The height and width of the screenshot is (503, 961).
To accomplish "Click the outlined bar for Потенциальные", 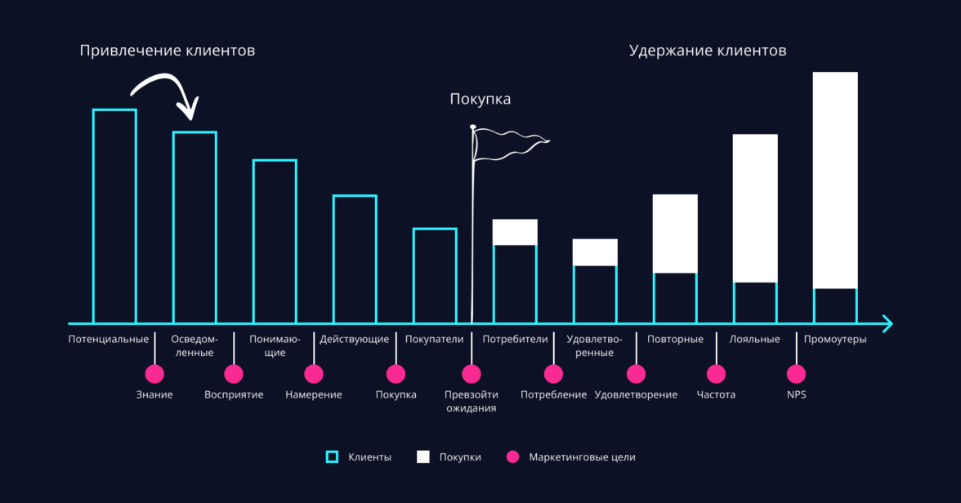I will coord(114,216).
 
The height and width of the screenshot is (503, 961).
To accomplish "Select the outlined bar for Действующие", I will coord(355,259).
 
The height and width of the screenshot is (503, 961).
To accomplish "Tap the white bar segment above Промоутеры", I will coord(835,180).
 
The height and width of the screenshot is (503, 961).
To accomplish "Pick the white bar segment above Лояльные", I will coord(755,208).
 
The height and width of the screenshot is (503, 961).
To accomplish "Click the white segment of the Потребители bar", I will coord(515,232).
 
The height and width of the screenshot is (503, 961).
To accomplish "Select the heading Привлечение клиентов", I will coord(168,51).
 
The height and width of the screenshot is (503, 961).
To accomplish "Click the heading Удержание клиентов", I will coord(708,51).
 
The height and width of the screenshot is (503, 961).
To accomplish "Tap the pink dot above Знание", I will coord(154,374).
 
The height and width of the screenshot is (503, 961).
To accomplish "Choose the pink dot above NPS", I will coord(796,374).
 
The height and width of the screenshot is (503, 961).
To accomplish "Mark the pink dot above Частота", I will coord(716,374).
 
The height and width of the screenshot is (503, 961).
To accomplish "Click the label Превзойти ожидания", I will coord(472,401).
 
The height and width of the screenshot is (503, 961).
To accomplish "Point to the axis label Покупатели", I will coord(434,339).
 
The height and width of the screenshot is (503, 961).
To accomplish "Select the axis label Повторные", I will coord(675,339).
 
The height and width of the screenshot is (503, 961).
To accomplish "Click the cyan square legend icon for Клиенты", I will coord(332,457).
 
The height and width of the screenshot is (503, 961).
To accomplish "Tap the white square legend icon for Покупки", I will coord(423,457).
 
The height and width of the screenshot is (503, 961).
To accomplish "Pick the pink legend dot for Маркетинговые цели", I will coord(512,457).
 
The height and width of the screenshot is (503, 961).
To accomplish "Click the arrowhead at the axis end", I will coord(887,323).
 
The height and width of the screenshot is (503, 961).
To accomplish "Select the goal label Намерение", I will coord(314,394).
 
